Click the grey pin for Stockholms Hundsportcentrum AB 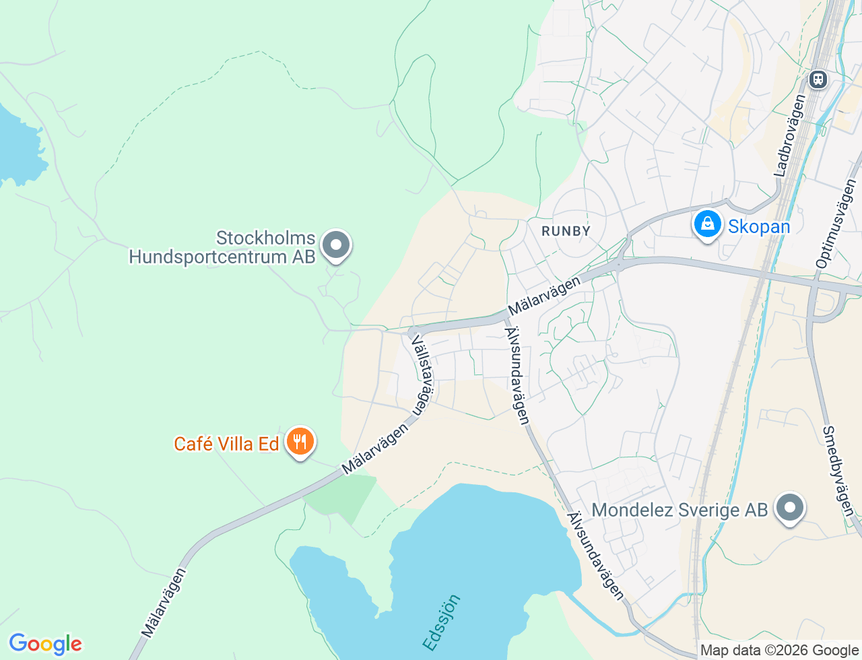pos(336,246)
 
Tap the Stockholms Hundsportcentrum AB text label pos(222,247)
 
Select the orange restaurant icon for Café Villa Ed pos(300,442)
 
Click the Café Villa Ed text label pos(226,444)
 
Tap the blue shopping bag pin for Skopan pos(707,224)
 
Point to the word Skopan pos(759,226)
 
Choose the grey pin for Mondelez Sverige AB pos(789,508)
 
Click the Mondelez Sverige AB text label pos(679,510)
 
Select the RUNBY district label pos(566,231)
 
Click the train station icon pos(818,79)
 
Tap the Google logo pos(45,644)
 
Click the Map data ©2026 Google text pos(779,650)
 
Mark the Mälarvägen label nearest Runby pos(544,296)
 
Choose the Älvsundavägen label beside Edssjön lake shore pos(596,556)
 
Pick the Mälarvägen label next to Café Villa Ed pos(375,448)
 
